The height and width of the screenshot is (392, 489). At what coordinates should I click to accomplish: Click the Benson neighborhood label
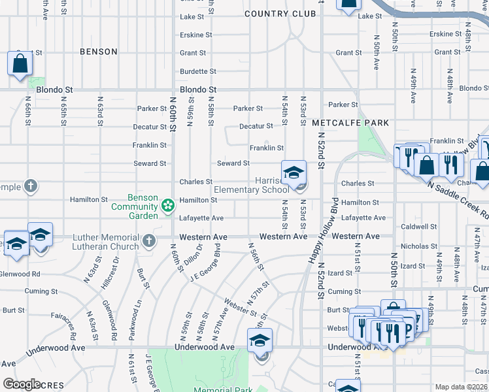99,51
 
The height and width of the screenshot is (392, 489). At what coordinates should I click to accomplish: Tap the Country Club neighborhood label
275,14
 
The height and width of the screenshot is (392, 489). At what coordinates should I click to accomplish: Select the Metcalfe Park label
350,123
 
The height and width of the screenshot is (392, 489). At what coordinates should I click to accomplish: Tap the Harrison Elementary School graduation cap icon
294,173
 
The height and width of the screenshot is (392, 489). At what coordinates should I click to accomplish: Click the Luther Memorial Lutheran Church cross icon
149,240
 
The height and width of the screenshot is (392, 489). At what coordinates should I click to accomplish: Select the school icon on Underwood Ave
260,340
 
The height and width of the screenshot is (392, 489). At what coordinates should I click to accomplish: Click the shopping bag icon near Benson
20,64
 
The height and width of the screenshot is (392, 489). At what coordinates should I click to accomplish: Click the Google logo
22,384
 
